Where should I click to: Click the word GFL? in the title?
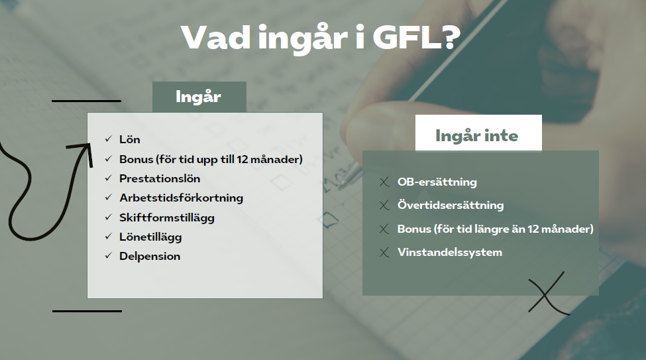[x=416, y=37]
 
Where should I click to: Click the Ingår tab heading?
[x=198, y=97]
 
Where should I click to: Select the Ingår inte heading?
[x=476, y=136]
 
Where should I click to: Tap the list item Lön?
[x=130, y=139]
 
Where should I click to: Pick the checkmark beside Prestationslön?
[x=109, y=178]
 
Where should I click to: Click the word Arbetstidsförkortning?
[x=182, y=198]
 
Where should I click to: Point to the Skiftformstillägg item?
[x=167, y=218]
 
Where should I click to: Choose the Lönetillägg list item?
[x=150, y=237]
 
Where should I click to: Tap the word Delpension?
[x=150, y=257]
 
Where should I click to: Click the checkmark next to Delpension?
[x=109, y=256]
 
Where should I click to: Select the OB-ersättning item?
[x=437, y=182]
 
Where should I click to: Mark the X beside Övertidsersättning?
[x=384, y=206]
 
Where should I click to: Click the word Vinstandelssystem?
[x=450, y=253]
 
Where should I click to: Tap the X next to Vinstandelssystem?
[x=384, y=253]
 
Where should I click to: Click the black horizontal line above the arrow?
[x=87, y=101]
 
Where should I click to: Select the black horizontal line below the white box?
[x=87, y=311]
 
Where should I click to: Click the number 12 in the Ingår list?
[x=242, y=159]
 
